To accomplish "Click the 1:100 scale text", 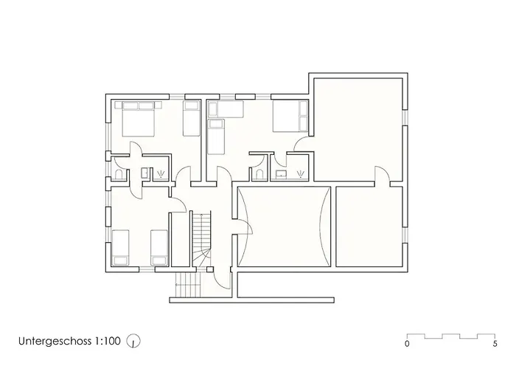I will point(107,342).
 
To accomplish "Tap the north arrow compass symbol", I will point(134,342).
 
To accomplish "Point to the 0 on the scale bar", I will point(408,344).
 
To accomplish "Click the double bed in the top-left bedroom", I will point(136,117).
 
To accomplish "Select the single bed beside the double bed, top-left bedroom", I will point(190,118).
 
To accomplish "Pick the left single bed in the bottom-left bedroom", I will point(121,247).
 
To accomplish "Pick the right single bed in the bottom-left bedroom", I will point(158,247).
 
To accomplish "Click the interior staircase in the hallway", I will point(201,240).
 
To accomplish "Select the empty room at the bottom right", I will point(370,227).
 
